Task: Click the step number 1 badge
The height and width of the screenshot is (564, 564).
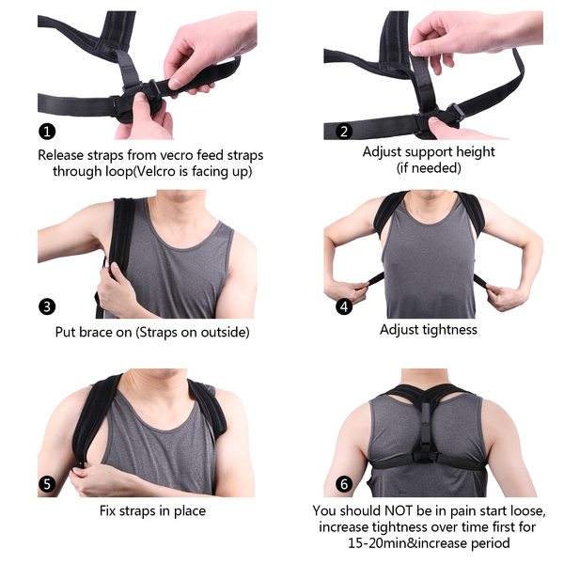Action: [x=47, y=132]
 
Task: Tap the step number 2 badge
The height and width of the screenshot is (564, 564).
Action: [x=344, y=132]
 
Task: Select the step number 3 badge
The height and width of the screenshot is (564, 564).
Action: [x=47, y=306]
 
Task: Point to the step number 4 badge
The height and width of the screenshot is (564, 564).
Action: [x=344, y=306]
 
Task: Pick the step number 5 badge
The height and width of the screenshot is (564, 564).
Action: [x=47, y=484]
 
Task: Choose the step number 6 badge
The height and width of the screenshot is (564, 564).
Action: [x=344, y=484]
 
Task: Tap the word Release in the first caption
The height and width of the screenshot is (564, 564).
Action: [x=61, y=155]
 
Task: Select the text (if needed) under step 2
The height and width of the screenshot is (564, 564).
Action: [x=429, y=168]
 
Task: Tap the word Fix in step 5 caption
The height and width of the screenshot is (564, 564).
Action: [x=107, y=510]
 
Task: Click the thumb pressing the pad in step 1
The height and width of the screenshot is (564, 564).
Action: [x=141, y=102]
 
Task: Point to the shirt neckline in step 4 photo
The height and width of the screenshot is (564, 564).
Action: [x=428, y=211]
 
